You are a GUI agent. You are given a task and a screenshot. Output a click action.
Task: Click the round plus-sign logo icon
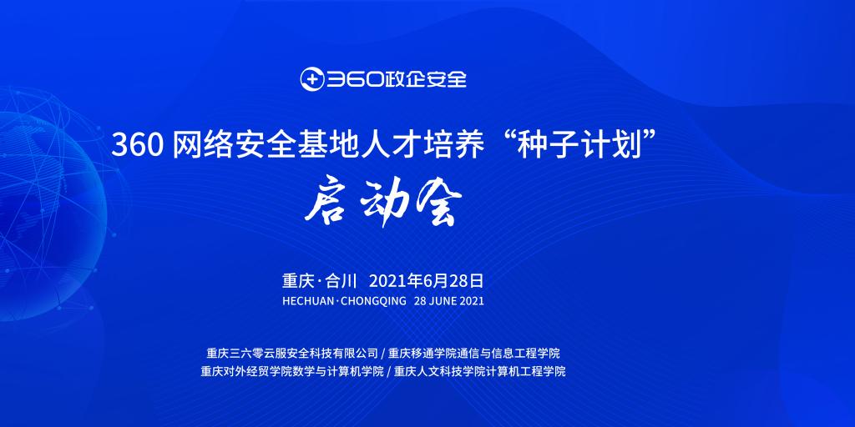(312, 79)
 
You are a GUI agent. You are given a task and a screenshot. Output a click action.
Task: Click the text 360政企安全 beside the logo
(397, 79)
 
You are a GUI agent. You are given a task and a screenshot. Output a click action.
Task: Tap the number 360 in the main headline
(138, 147)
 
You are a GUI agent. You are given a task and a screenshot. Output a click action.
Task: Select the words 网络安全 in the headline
(235, 147)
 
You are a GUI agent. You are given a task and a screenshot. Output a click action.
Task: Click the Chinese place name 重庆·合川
(319, 281)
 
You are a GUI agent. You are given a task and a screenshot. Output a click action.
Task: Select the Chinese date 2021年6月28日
(427, 281)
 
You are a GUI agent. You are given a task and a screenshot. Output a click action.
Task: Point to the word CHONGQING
(373, 301)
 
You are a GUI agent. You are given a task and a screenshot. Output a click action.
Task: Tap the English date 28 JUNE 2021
(448, 300)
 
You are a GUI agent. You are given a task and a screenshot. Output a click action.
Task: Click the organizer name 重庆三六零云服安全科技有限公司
(292, 353)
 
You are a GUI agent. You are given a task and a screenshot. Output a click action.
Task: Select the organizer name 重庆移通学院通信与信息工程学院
(474, 353)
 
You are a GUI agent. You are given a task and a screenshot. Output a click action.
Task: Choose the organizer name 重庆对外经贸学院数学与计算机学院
(292, 372)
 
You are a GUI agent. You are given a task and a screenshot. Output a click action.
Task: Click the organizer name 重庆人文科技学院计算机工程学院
(480, 372)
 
